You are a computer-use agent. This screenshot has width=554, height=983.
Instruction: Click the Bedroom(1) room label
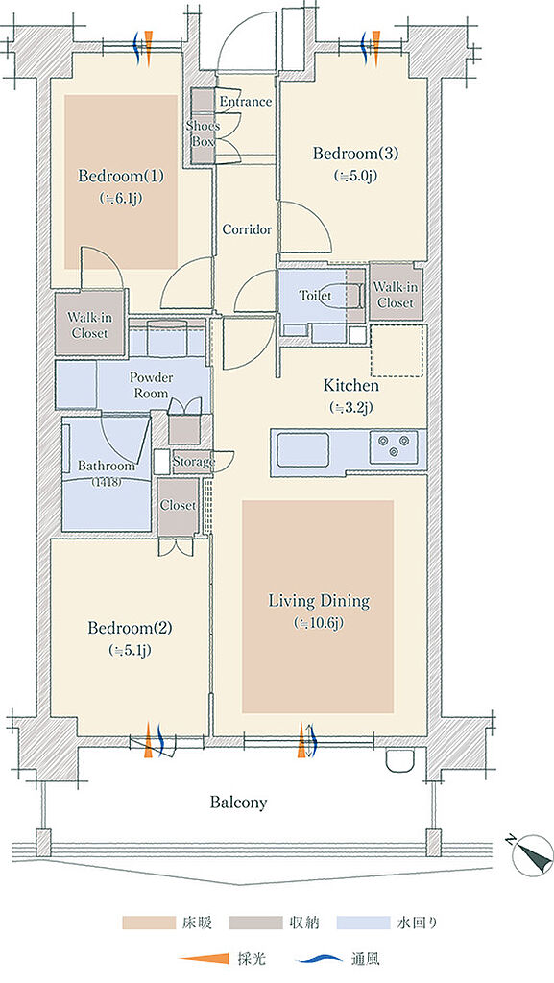(121, 177)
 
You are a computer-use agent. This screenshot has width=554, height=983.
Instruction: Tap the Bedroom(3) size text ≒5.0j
(356, 176)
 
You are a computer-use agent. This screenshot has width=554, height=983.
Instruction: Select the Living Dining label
(319, 601)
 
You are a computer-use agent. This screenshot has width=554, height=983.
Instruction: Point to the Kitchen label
(351, 385)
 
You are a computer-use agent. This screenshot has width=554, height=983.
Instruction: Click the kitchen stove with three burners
(393, 447)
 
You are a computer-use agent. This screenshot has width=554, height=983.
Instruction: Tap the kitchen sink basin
(302, 449)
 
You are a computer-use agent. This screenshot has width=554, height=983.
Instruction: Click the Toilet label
(315, 295)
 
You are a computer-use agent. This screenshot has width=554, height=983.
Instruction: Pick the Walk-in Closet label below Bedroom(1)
(89, 325)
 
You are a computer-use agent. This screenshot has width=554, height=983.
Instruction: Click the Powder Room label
(151, 386)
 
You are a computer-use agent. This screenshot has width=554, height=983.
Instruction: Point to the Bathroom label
(107, 467)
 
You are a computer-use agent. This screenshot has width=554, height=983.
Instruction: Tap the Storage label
(194, 462)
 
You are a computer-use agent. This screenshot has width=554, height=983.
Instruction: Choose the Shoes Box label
(203, 133)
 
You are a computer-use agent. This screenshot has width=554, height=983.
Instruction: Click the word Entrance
(246, 102)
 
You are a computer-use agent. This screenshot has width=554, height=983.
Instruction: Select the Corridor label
(247, 230)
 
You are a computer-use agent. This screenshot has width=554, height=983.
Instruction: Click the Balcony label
(238, 802)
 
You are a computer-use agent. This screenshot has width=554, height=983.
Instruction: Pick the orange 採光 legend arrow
(204, 959)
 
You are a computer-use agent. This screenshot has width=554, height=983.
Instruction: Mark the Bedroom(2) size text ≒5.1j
(130, 651)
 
